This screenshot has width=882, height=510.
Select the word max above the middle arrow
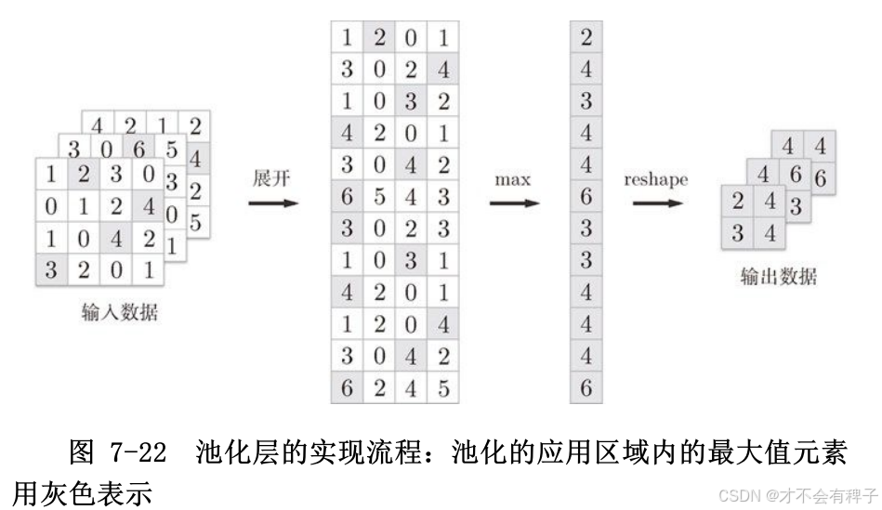[x=512, y=178]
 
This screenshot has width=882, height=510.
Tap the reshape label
[x=656, y=178]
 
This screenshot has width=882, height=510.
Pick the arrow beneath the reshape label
[x=657, y=202]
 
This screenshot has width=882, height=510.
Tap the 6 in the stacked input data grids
[x=139, y=150]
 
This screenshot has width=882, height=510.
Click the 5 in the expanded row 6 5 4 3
[x=379, y=196]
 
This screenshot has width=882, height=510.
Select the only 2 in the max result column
[x=586, y=38]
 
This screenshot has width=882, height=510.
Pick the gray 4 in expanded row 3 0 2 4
[x=443, y=70]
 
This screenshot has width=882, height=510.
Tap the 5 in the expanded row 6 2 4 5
[x=443, y=387]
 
